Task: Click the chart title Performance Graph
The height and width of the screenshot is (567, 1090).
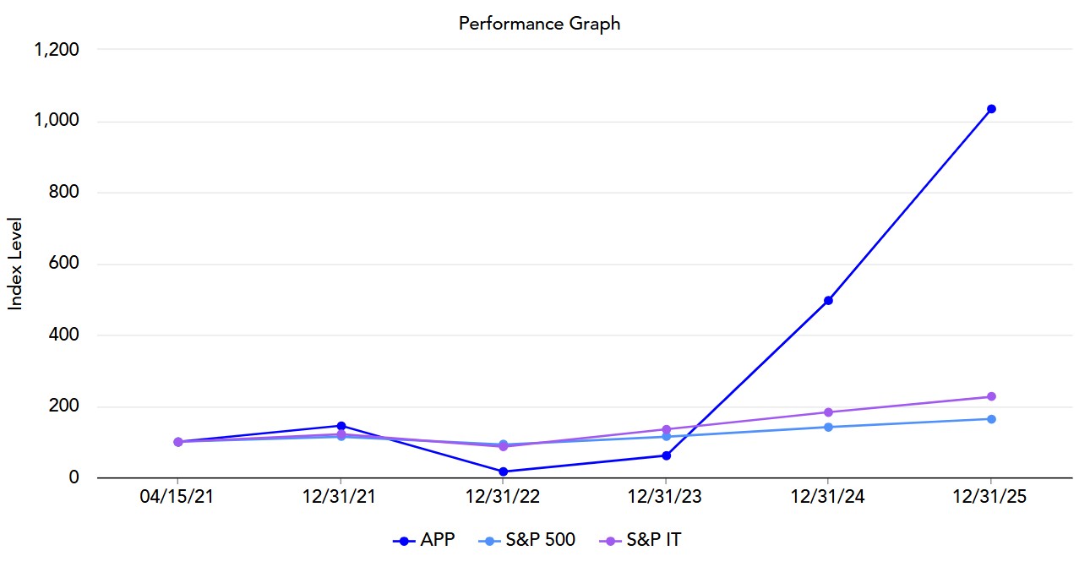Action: coord(539,24)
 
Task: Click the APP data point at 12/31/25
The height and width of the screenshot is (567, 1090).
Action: coord(991,109)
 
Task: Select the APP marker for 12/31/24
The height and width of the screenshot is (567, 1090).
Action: coord(828,300)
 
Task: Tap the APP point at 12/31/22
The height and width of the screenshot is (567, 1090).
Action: coord(504,472)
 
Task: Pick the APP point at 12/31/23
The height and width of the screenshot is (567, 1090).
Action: coord(666,455)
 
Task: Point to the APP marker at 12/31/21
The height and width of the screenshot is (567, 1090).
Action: coord(341,426)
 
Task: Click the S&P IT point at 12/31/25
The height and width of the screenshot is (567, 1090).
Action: coord(991,396)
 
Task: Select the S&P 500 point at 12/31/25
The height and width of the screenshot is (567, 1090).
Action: coord(991,419)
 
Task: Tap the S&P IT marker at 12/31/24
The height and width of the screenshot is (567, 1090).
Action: coord(828,412)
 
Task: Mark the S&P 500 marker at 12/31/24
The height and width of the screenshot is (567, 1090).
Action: coord(828,427)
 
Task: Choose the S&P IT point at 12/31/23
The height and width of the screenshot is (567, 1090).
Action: coord(666,429)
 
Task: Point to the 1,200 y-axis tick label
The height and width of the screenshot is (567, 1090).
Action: coord(56,50)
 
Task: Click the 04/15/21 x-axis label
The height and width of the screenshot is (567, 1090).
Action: coord(177,498)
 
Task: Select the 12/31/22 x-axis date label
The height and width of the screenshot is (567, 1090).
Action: coord(504,498)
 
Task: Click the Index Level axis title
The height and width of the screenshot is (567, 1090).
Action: coord(15,264)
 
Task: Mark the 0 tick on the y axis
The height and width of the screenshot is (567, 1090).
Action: coord(74,478)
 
